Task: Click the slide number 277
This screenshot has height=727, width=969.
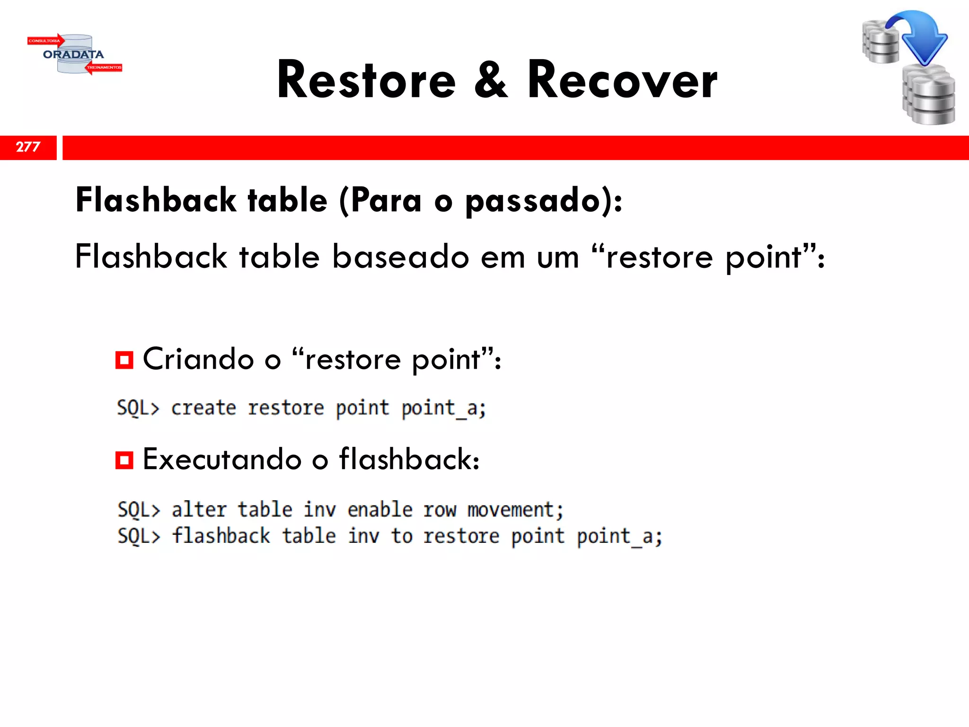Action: pos(28,147)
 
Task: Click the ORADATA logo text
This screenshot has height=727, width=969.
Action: pos(73,54)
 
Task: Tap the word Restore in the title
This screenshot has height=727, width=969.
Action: pos(366,80)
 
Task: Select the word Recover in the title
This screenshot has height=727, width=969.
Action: pos(622,80)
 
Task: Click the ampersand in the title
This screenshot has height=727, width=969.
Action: pos(491,80)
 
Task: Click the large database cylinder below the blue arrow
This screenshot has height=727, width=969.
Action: pos(929,97)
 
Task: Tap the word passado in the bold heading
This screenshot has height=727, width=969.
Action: pos(533,201)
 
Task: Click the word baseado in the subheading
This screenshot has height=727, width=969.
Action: pos(400,257)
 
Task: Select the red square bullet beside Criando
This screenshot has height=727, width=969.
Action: pos(124,360)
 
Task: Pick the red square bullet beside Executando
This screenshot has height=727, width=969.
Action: pos(124,460)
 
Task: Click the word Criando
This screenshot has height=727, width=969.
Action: pos(198,359)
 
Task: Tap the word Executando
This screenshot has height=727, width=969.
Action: pos(222,459)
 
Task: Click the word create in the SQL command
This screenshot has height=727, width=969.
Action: pos(203,408)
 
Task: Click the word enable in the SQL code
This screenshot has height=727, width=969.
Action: pos(380,510)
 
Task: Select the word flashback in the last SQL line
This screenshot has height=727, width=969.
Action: pos(221,536)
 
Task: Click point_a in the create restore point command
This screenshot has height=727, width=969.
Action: pos(443,408)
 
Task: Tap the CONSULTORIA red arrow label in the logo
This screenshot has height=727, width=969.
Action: pos(45,41)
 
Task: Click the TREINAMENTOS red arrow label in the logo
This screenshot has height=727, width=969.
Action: pos(104,68)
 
